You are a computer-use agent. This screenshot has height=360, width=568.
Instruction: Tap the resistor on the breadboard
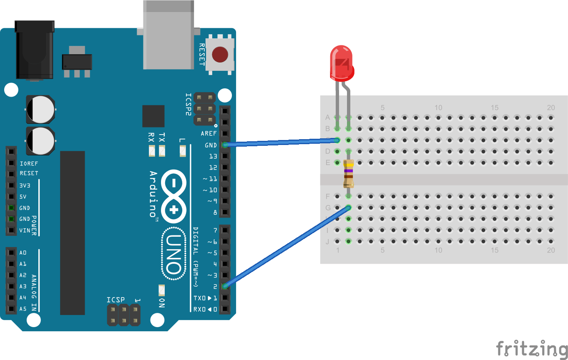349,174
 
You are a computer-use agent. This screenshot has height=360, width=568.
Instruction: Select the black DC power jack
34,50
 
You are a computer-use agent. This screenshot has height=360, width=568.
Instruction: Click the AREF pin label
209,134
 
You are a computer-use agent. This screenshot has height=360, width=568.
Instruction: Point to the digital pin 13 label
213,156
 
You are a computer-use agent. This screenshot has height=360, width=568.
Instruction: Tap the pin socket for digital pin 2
225,286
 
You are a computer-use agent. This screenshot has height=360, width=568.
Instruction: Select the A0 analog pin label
23,252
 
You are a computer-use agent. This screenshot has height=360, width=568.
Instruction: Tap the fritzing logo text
531,348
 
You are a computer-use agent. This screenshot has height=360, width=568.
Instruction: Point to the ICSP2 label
188,104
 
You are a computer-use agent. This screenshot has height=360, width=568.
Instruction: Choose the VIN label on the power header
25,230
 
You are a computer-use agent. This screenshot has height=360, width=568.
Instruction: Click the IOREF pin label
29,164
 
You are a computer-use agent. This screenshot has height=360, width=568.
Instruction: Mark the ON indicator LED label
162,303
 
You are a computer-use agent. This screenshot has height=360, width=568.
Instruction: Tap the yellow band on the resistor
349,165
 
